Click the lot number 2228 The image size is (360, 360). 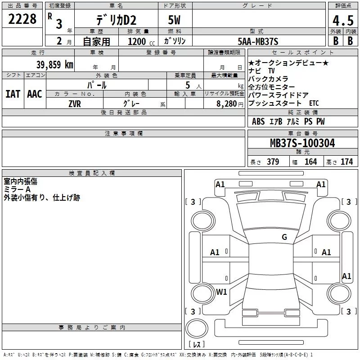22,19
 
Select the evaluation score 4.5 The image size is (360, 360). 342,21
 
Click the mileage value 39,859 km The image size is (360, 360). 55,64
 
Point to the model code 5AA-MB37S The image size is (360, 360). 258,41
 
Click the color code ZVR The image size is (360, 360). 75,103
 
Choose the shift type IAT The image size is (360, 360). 13,94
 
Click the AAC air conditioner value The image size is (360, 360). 35,94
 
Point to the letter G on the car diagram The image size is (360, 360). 284,237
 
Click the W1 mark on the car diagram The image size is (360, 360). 221,292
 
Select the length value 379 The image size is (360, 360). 272,162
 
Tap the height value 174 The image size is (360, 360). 346,162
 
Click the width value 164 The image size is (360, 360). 310,162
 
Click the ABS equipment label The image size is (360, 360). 258,121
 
